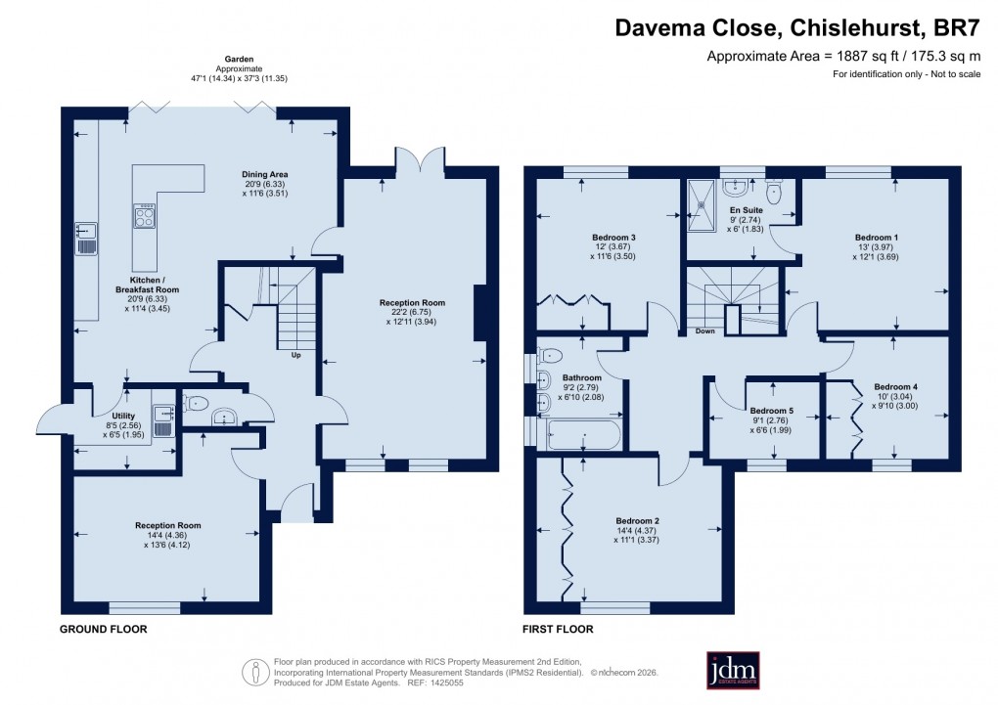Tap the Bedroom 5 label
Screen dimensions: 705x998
pyautogui.click(x=772, y=411)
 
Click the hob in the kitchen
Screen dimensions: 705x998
pyautogui.click(x=145, y=216)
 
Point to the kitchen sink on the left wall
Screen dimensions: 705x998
pyautogui.click(x=86, y=238)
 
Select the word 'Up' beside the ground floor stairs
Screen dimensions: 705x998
pyautogui.click(x=295, y=355)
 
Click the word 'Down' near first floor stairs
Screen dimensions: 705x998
pyautogui.click(x=703, y=331)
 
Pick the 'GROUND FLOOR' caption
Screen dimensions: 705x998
pyautogui.click(x=104, y=630)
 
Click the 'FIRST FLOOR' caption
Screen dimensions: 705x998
pyautogui.click(x=559, y=630)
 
